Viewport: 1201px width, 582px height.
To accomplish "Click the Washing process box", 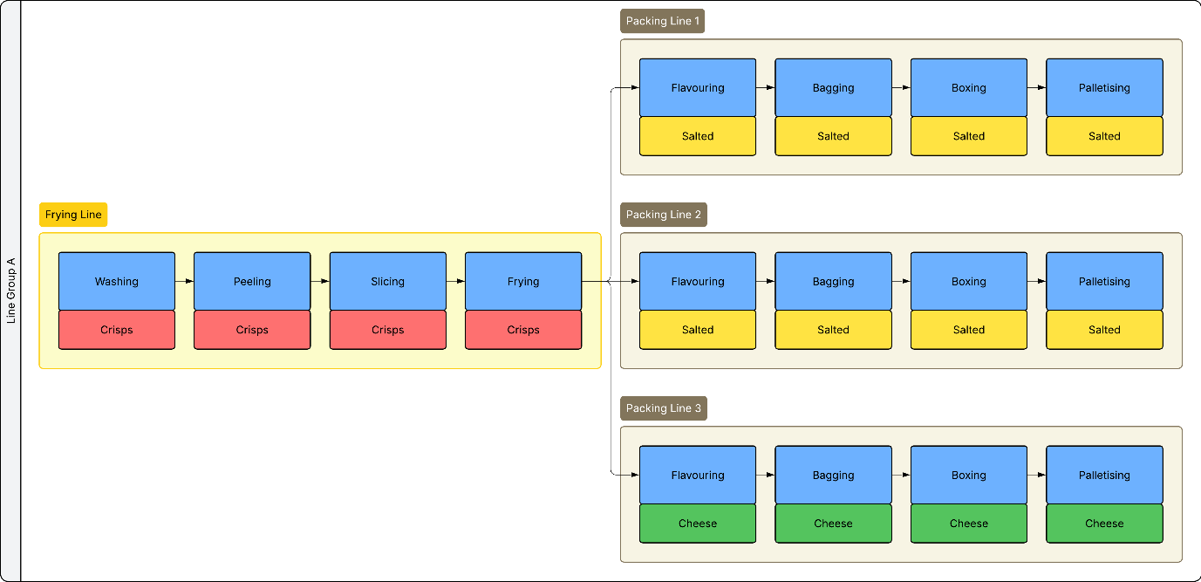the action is (116, 281).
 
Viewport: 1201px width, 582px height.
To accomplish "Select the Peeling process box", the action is (252, 281).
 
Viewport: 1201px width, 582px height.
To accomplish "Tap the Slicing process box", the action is (387, 281).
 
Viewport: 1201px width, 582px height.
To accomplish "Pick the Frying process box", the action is (523, 281).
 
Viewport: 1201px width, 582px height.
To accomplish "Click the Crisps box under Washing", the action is (116, 329).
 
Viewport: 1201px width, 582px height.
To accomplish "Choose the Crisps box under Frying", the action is (523, 329).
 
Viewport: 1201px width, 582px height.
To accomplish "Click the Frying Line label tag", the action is (73, 215).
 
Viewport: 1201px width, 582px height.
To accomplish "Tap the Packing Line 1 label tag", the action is (662, 21).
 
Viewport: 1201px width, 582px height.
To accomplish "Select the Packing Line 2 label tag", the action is (663, 215).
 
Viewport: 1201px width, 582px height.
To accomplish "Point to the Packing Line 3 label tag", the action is (663, 408).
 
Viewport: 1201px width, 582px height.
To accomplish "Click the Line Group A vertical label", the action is (10, 291).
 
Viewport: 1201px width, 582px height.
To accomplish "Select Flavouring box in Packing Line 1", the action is (698, 87).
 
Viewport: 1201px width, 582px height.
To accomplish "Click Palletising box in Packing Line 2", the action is (1104, 281).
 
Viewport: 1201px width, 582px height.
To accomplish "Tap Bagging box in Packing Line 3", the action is (833, 475).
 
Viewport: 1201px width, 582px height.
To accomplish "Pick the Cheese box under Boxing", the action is (969, 523).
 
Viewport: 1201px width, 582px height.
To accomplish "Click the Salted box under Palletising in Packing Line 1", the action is (1104, 136).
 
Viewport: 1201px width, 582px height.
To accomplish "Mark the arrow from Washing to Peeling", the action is (184, 281).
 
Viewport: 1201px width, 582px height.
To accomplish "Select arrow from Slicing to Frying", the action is (456, 281).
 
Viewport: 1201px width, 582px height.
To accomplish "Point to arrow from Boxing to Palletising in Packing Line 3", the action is (1037, 475).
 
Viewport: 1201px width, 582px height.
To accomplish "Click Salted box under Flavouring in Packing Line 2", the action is (698, 329).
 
